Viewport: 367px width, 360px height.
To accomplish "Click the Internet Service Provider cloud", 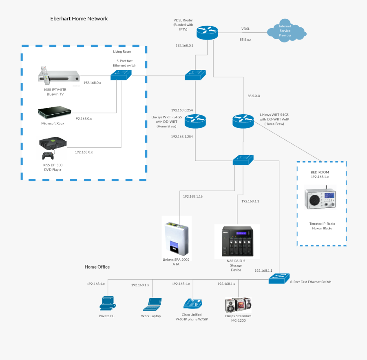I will tap(286, 32).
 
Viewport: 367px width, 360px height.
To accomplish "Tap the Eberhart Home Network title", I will tap(79, 19).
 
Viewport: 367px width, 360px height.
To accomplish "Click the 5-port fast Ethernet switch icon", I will tap(122, 75).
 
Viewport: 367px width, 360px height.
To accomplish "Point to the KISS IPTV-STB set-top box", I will tap(59, 76).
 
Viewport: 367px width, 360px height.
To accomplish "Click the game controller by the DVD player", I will tap(48, 156).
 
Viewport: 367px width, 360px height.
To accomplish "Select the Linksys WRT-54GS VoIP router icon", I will tap(243, 121).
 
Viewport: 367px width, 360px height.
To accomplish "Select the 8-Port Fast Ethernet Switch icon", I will tap(279, 279).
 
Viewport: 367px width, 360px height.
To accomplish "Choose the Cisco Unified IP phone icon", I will tap(193, 303).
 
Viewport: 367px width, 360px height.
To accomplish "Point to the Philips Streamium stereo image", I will tap(238, 304).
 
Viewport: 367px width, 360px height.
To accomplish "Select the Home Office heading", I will tap(97, 267).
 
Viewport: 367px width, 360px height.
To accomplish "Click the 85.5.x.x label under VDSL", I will tap(245, 40).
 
